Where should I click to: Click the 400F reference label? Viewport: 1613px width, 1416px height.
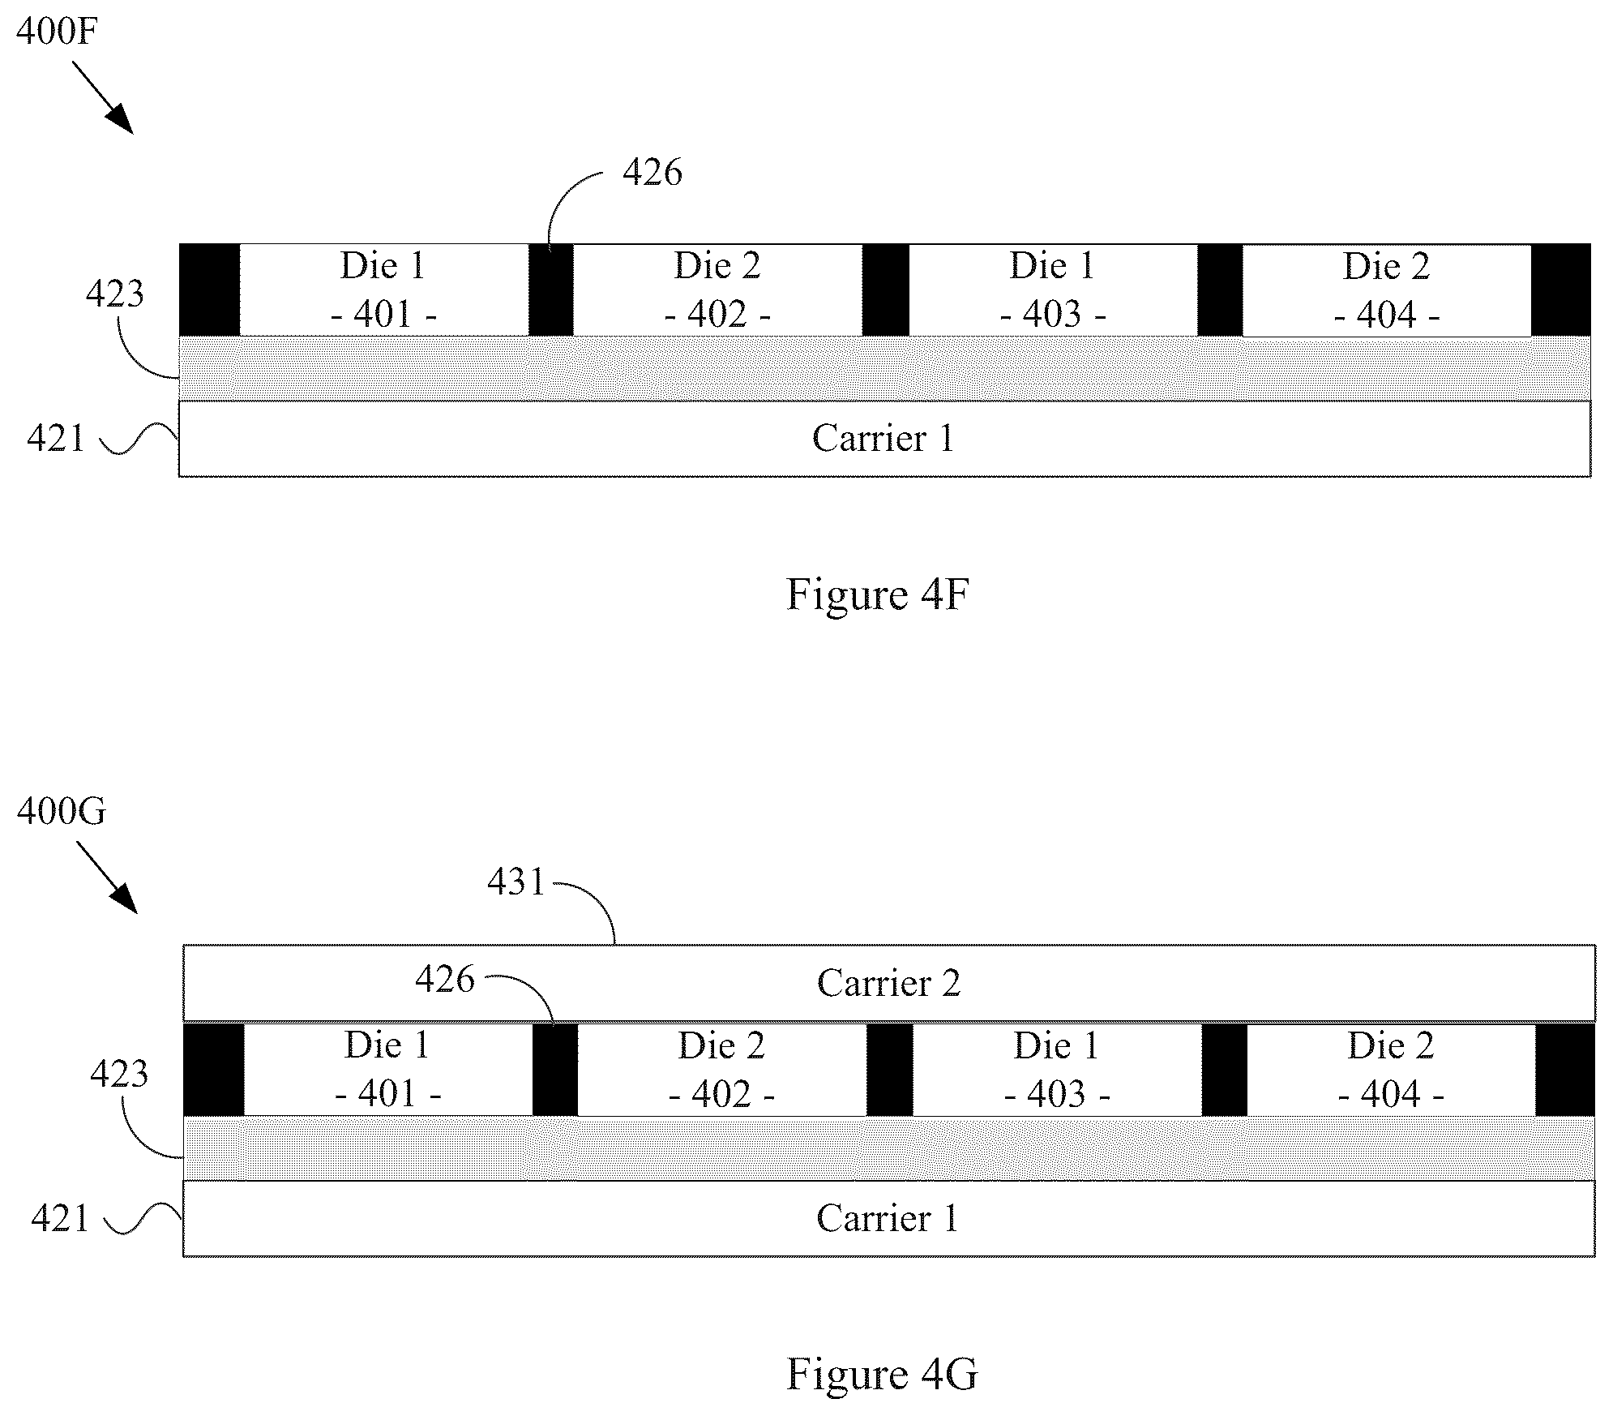[57, 32]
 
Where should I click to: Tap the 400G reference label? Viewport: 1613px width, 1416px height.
[62, 811]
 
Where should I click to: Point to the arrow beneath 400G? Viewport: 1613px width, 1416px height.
[107, 877]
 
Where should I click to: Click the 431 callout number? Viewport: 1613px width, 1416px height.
[516, 882]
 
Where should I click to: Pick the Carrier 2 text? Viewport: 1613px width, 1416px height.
[888, 983]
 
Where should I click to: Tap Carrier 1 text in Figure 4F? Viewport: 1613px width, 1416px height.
[883, 439]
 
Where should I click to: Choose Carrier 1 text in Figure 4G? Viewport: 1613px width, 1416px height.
[888, 1218]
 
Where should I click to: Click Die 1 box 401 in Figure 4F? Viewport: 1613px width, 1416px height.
[384, 290]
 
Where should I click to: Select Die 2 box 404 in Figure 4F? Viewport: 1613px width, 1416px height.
[1387, 290]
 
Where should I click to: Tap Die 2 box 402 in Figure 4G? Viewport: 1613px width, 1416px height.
[722, 1070]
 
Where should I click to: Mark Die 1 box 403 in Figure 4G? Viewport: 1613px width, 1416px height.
[1057, 1070]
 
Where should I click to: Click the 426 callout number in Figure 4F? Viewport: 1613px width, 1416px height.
[652, 173]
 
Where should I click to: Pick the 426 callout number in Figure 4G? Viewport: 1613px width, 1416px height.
[445, 980]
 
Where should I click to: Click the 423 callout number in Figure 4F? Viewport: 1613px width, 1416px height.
[115, 294]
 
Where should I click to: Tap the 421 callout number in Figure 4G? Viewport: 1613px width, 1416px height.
[60, 1219]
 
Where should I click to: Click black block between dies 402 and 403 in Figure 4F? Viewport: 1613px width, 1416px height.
[885, 290]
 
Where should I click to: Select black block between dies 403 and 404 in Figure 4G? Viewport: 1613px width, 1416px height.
[1224, 1070]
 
